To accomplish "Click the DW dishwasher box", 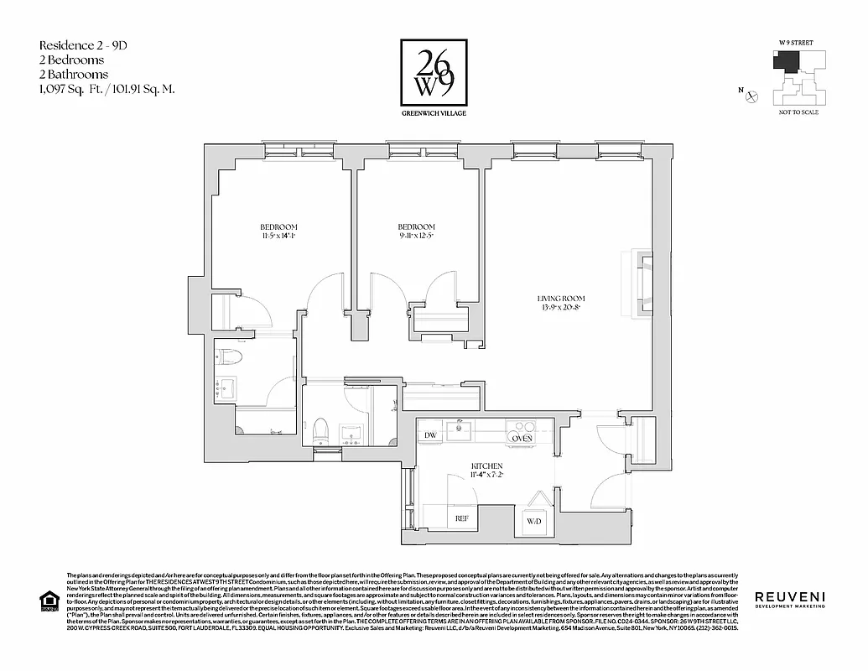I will (x=430, y=435).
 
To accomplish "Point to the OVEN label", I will (x=522, y=438).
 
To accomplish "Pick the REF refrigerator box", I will (x=461, y=519).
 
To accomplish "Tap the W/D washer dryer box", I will (x=534, y=522).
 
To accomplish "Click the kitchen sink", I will (x=459, y=431).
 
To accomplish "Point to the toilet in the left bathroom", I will (x=230, y=358).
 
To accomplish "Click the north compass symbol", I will (x=752, y=96).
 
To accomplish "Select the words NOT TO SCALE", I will (x=798, y=112).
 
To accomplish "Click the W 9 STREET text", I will (x=796, y=42).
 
